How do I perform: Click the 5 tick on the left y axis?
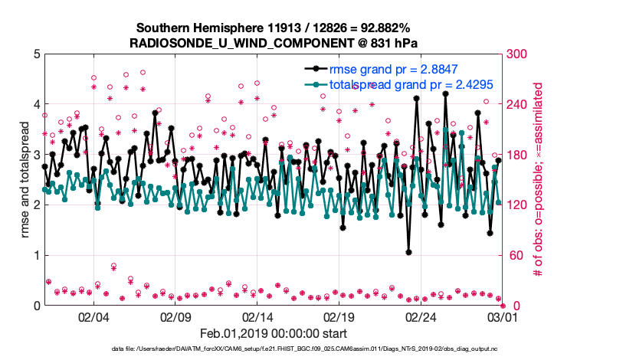(x=35, y=54)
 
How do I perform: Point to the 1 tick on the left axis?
(x=35, y=255)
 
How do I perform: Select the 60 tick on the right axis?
(x=513, y=255)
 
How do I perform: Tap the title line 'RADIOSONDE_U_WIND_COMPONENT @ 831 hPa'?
(x=274, y=42)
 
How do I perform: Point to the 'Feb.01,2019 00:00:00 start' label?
(x=273, y=333)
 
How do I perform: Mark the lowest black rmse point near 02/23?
(x=409, y=252)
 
